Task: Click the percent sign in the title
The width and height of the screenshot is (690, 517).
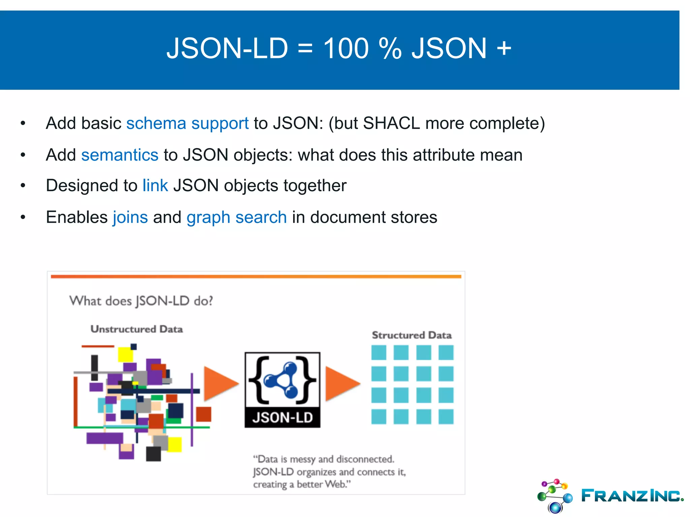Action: point(390,48)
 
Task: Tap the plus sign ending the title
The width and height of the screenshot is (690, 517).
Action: point(504,48)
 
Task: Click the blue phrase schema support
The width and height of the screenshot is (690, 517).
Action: point(187,123)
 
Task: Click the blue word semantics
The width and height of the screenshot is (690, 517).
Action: point(120,155)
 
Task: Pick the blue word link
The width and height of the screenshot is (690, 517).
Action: point(155,185)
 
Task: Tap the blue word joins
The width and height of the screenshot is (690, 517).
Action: point(130,217)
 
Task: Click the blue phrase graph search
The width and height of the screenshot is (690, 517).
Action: point(237,217)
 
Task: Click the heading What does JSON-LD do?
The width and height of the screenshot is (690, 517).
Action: point(141,301)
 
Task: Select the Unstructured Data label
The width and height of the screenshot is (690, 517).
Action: point(136,329)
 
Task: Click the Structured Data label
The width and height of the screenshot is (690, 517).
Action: point(412,335)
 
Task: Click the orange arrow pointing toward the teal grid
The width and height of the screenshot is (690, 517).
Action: point(341,384)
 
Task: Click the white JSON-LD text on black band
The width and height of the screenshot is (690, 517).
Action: point(282,418)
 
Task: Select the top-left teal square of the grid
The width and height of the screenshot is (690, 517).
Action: point(379,353)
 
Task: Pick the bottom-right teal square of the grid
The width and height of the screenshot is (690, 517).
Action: point(446,416)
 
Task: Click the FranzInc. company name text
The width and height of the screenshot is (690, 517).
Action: point(632,496)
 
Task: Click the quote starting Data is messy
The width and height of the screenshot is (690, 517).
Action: point(329,472)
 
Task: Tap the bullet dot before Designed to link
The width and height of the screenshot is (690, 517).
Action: point(23,185)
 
